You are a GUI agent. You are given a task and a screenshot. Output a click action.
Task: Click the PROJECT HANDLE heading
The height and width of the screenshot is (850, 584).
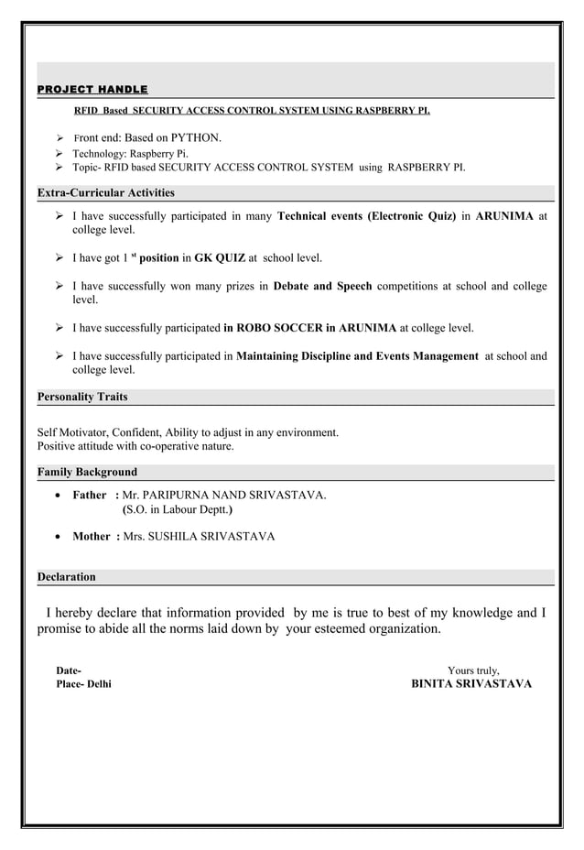click(x=92, y=89)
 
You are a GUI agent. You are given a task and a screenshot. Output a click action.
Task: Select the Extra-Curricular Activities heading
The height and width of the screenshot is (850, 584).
click(x=105, y=193)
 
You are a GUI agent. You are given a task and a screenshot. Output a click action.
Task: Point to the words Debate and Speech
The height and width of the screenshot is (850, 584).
click(x=322, y=286)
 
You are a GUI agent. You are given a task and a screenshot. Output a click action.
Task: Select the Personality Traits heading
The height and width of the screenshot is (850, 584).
click(x=82, y=397)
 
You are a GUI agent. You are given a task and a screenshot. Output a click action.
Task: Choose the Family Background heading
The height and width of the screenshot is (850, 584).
click(x=87, y=472)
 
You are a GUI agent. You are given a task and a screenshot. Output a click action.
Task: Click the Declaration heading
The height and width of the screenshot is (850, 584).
click(x=66, y=577)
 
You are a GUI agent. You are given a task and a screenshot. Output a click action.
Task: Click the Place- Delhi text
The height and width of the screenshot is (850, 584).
click(x=84, y=684)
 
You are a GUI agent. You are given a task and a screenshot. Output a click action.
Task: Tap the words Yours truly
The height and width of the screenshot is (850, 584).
click(x=472, y=670)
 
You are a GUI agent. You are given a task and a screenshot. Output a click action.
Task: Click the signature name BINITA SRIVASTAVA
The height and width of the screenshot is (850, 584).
click(x=470, y=684)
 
